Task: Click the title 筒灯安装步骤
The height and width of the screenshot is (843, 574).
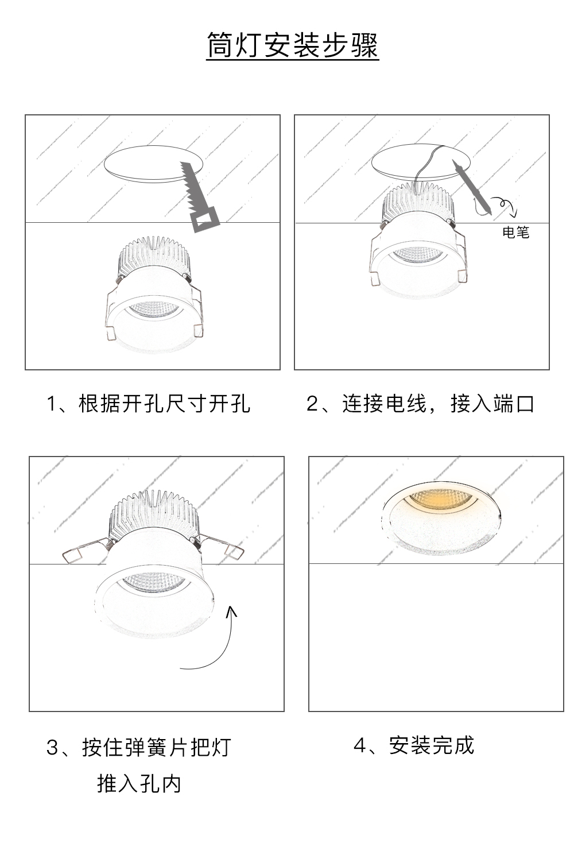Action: (292, 45)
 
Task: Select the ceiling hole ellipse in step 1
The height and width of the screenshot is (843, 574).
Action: (153, 164)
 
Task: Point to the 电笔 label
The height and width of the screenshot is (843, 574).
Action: (515, 232)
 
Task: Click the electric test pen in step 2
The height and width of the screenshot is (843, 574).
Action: (472, 187)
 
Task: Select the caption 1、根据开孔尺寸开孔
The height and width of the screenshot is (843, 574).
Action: (148, 404)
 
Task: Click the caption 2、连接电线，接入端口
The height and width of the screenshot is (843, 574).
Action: (420, 404)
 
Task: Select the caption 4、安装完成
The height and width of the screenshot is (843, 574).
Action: (414, 745)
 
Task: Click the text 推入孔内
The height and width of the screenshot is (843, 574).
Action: (139, 784)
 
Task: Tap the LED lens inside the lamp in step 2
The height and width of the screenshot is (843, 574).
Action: (419, 254)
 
